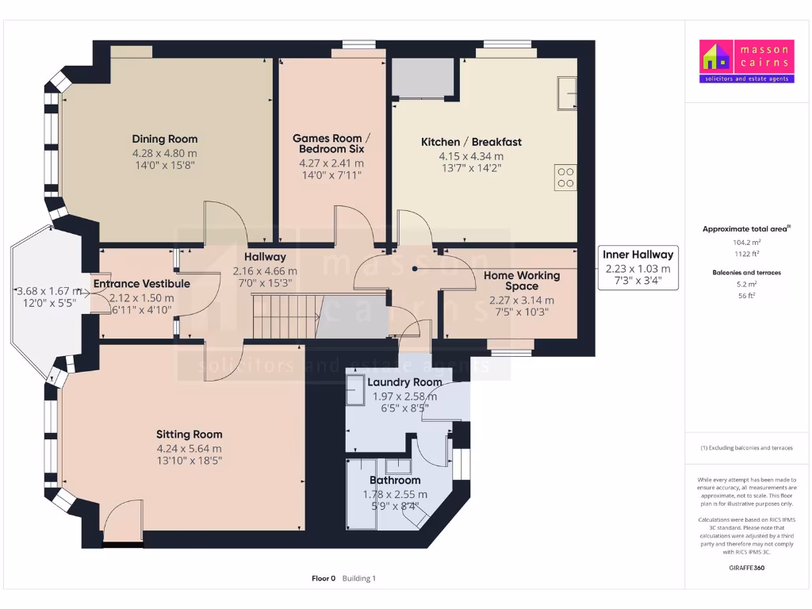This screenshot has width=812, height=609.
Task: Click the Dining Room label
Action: pyautogui.click(x=165, y=139)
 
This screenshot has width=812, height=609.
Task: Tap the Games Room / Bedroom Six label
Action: pyautogui.click(x=332, y=144)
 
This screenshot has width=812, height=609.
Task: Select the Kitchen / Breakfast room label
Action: pyautogui.click(x=471, y=142)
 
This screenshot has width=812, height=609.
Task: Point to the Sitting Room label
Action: pyautogui.click(x=189, y=434)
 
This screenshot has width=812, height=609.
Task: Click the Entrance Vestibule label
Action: pyautogui.click(x=141, y=284)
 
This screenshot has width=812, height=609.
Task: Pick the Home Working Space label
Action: pyautogui.click(x=521, y=281)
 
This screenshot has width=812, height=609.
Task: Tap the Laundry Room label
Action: pyautogui.click(x=404, y=382)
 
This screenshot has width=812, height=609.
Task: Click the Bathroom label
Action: pyautogui.click(x=395, y=481)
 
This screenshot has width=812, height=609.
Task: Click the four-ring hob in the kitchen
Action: pyautogui.click(x=566, y=176)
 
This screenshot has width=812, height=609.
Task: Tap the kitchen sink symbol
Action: pyautogui.click(x=567, y=93)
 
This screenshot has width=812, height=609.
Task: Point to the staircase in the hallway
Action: pyautogui.click(x=285, y=315)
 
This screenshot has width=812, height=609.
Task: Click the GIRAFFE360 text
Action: pyautogui.click(x=745, y=568)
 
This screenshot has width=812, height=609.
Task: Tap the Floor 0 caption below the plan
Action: pyautogui.click(x=324, y=579)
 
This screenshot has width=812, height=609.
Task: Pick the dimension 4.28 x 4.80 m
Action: pyautogui.click(x=165, y=153)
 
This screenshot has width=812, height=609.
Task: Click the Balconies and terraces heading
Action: pyautogui.click(x=745, y=272)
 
